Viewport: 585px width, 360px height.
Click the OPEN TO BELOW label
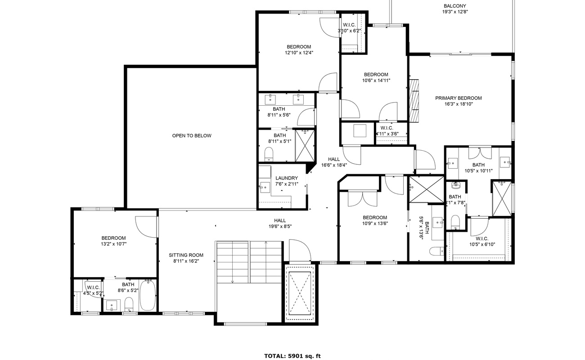coord(191,136)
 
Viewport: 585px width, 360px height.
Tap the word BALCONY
coord(454,6)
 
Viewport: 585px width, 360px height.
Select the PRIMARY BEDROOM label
coord(458,98)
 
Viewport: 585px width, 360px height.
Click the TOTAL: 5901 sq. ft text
coord(292,356)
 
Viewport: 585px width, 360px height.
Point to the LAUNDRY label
coord(287,178)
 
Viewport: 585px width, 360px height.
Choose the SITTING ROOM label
coord(186,255)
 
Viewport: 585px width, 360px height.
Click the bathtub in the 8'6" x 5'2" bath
coord(147,295)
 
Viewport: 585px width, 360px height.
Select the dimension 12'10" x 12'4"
coord(299,53)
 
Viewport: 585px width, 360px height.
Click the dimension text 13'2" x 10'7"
coord(113,244)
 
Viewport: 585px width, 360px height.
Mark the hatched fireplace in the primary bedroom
coord(414,100)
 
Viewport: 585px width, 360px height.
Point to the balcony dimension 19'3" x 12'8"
coord(455,12)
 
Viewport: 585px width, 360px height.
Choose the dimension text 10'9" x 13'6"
coord(375,223)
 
